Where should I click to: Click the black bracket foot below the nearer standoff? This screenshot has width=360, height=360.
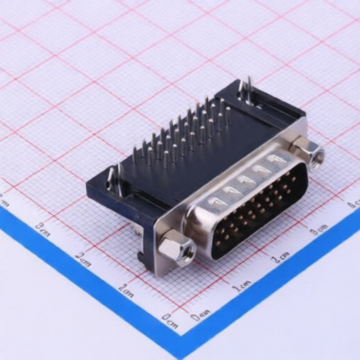coord(148,257)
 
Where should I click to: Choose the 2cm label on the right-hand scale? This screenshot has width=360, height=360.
coord(281,257)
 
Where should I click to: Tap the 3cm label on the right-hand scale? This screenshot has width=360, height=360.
coord(319,229)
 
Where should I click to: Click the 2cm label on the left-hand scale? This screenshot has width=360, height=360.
coord(83,259)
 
